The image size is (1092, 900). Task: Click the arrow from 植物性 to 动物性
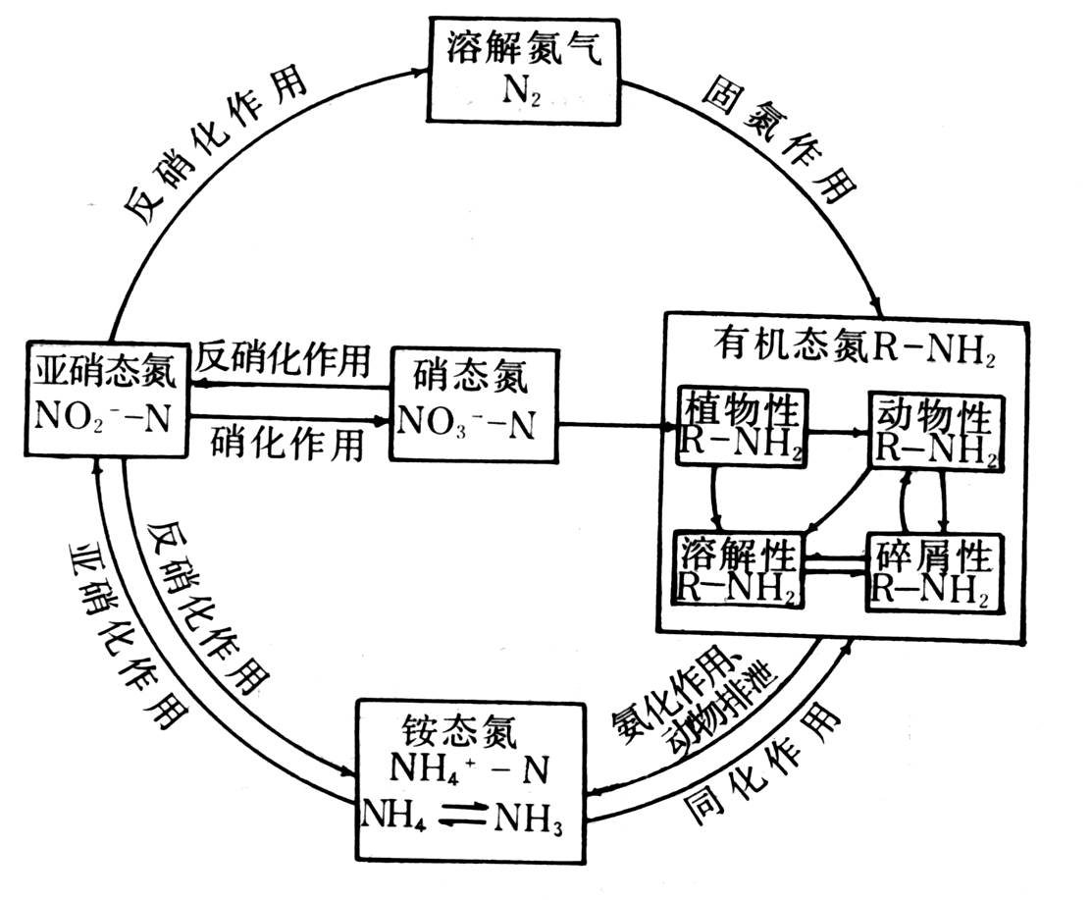click(x=839, y=430)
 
